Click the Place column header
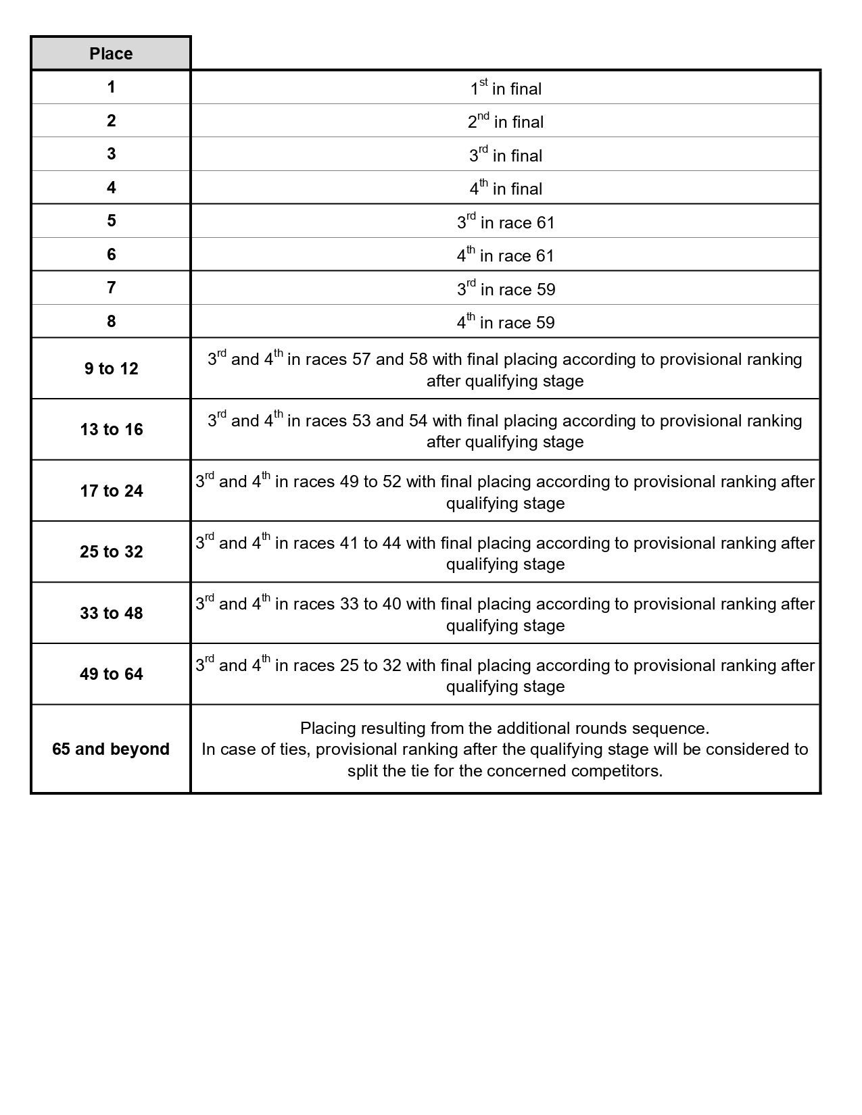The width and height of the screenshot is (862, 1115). pyautogui.click(x=111, y=53)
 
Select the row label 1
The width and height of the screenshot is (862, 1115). pyautogui.click(x=111, y=87)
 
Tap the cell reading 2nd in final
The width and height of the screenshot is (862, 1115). pyautogui.click(x=506, y=122)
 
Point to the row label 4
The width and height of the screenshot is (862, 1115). pyautogui.click(x=111, y=187)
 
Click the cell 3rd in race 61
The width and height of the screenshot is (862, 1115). pyautogui.click(x=506, y=222)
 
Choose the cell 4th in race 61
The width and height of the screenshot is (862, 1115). pyautogui.click(x=506, y=255)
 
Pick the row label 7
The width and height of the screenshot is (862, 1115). pyautogui.click(x=111, y=288)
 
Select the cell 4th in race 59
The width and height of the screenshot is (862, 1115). pyautogui.click(x=506, y=322)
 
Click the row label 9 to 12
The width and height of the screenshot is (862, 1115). pyautogui.click(x=111, y=368)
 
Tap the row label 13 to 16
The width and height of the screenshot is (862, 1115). pyautogui.click(x=111, y=430)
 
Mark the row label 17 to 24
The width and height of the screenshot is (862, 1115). pyautogui.click(x=111, y=491)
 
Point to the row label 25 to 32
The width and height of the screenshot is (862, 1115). pyautogui.click(x=111, y=552)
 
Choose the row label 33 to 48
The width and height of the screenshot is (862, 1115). pyautogui.click(x=111, y=613)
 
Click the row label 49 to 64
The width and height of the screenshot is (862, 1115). pyautogui.click(x=111, y=674)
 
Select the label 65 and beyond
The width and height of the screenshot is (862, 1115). pyautogui.click(x=111, y=749)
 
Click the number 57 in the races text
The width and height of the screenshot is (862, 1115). pyautogui.click(x=361, y=360)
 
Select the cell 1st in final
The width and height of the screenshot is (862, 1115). pyautogui.click(x=506, y=89)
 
